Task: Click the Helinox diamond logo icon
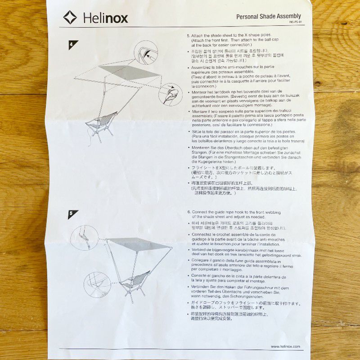click(70, 18)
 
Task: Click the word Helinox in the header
click(105, 18)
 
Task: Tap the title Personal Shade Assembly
click(268, 16)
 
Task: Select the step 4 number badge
click(73, 45)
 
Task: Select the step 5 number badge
click(72, 214)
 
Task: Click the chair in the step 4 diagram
click(103, 124)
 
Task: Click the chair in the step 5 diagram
click(135, 282)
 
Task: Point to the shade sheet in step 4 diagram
click(130, 71)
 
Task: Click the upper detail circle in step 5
click(84, 237)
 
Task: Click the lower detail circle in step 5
click(97, 284)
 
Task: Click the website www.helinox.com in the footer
click(285, 346)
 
